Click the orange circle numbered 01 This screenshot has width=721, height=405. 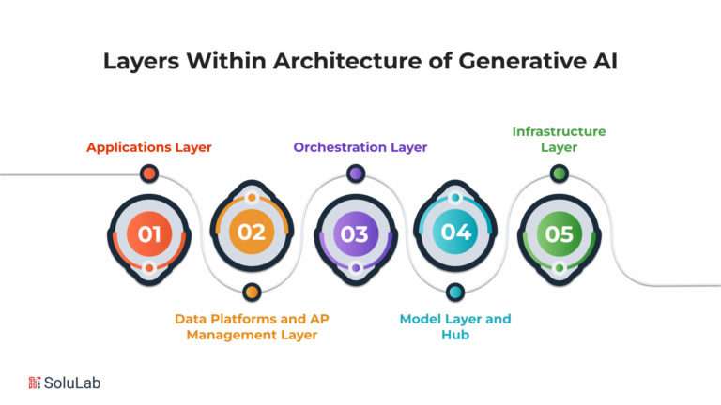[149, 233]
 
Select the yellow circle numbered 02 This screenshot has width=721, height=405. [252, 232]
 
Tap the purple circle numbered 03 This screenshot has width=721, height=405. [356, 233]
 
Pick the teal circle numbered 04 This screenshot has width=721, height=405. [455, 232]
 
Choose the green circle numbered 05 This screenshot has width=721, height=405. [560, 233]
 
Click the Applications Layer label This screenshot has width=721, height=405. [149, 147]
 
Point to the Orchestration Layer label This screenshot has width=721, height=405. [360, 147]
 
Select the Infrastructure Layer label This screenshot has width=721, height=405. [560, 139]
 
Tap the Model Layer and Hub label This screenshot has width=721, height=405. [455, 326]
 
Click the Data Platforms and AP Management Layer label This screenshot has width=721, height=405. [252, 326]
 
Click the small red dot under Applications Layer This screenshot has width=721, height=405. [149, 173]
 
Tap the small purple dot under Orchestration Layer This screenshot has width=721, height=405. [356, 173]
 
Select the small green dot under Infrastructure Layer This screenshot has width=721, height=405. [560, 173]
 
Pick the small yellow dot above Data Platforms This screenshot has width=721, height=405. [252, 292]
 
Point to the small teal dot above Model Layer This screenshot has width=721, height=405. [455, 292]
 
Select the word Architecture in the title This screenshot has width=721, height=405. [347, 61]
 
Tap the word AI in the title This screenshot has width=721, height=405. [606, 61]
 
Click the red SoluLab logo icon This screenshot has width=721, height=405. [35, 382]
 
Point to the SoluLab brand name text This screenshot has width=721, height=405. [72, 382]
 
